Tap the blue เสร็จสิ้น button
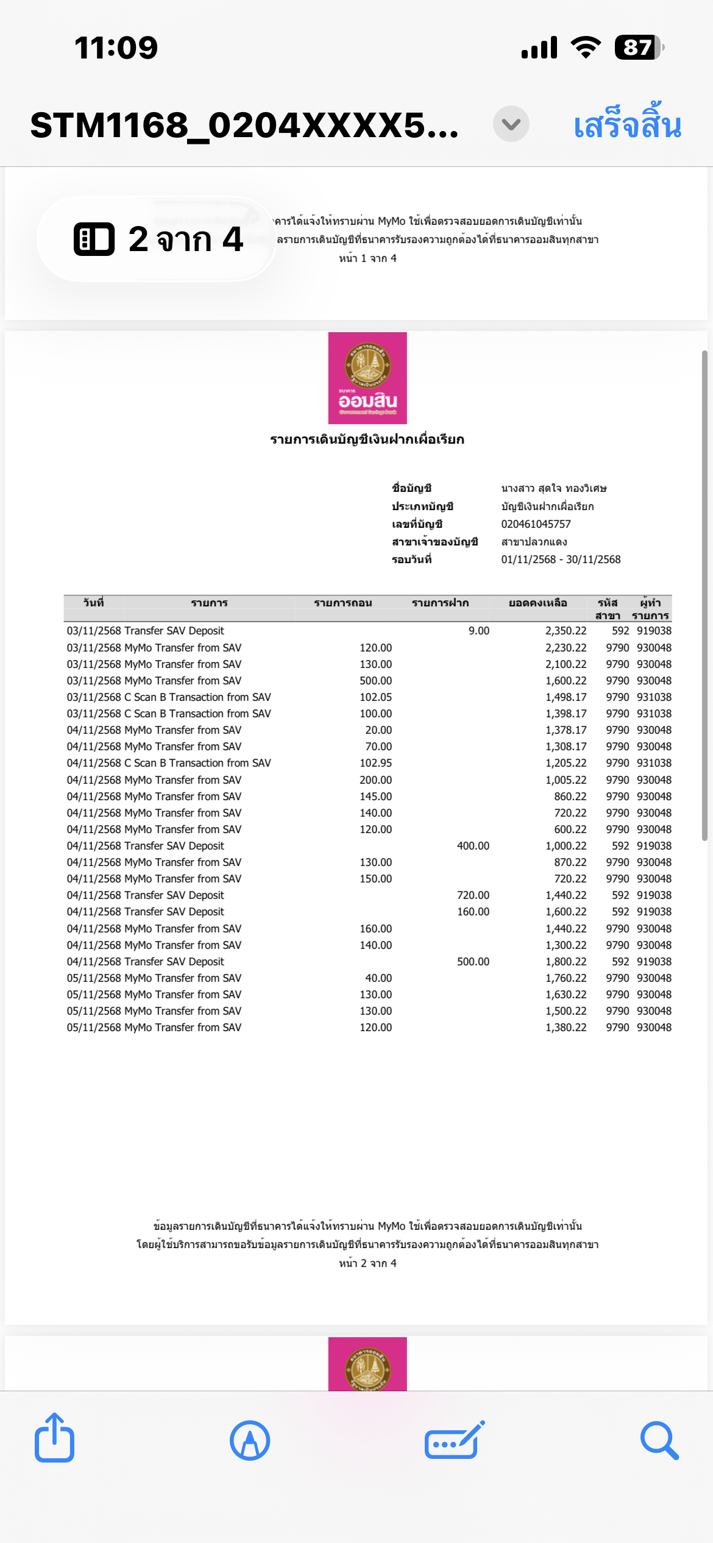click(627, 124)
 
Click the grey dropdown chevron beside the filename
click(511, 124)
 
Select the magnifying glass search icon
click(659, 1440)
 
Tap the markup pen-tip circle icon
click(250, 1440)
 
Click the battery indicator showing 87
click(638, 48)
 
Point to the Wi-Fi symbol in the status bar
click(586, 48)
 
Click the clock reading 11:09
click(116, 48)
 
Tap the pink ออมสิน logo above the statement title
click(367, 378)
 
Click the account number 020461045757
click(536, 524)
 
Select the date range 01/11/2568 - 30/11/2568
click(561, 559)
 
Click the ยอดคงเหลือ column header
click(537, 603)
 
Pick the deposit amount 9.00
click(479, 631)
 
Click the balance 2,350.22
click(566, 631)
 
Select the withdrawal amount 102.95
click(375, 763)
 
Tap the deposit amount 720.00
click(473, 895)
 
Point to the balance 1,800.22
click(566, 962)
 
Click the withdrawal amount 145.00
click(375, 796)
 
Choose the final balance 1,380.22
click(566, 1027)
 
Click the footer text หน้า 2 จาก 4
click(367, 1263)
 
